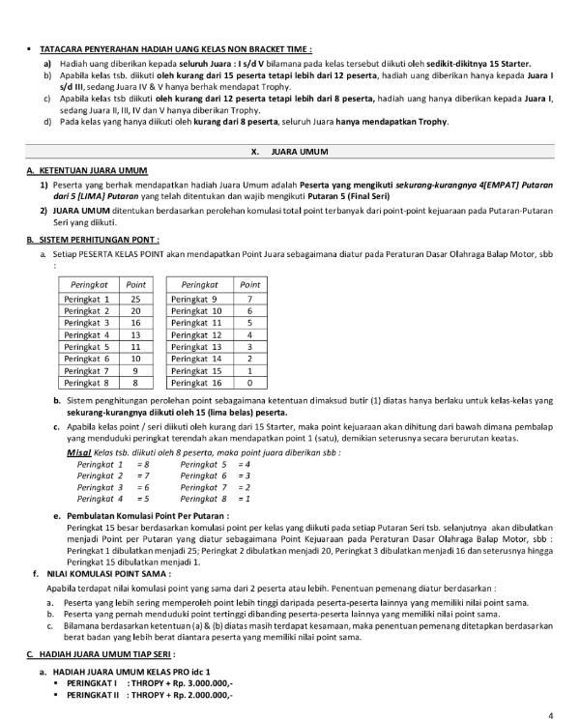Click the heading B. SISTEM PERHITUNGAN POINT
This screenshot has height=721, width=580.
pyautogui.click(x=93, y=239)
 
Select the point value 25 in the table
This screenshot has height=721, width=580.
pyautogui.click(x=135, y=300)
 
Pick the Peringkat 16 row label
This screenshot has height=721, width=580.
pyautogui.click(x=196, y=383)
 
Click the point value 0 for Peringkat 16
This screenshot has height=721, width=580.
pyautogui.click(x=249, y=383)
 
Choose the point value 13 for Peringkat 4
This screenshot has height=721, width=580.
pyautogui.click(x=135, y=334)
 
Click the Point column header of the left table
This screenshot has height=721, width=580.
pyautogui.click(x=135, y=285)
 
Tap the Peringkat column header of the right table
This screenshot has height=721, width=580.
pyautogui.click(x=199, y=285)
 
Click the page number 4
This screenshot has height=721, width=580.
pyautogui.click(x=550, y=716)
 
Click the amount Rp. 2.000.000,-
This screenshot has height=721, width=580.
pyautogui.click(x=196, y=694)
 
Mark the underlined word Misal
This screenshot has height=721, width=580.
pyautogui.click(x=79, y=453)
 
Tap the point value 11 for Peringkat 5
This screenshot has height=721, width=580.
pyautogui.click(x=135, y=346)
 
